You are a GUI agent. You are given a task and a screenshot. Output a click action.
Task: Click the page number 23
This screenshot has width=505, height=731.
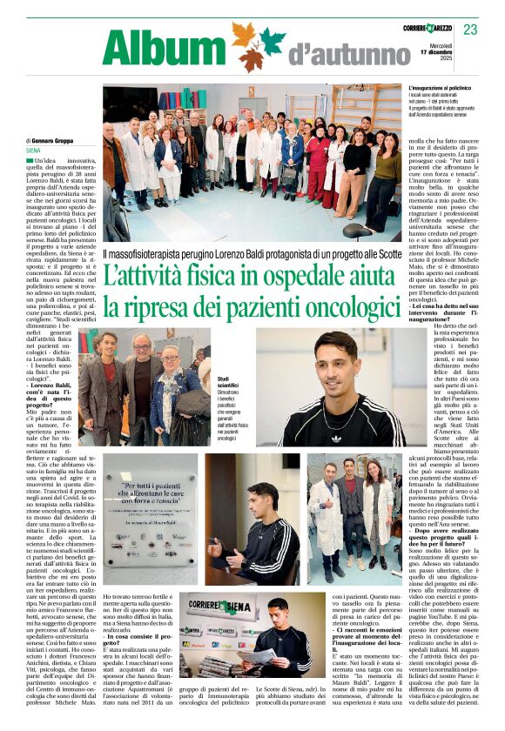point(470,30)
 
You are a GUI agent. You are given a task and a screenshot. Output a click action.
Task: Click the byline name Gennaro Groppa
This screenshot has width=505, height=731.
point(54,140)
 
